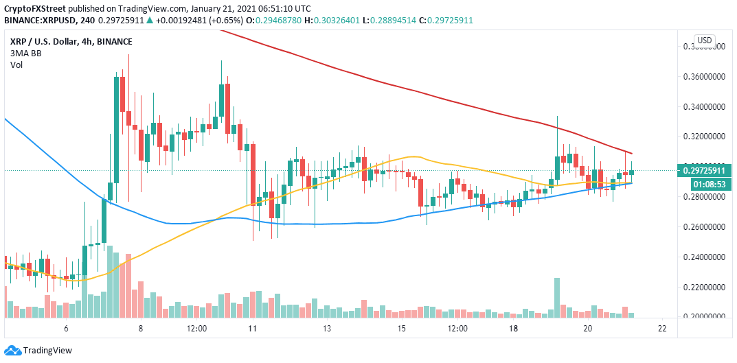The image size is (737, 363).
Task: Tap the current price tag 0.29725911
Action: coord(704,169)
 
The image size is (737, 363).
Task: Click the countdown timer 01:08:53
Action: coord(704,183)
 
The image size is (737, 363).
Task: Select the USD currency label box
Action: coord(704,40)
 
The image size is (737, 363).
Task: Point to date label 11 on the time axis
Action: coord(252,329)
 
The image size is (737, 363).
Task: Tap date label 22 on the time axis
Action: coord(661,329)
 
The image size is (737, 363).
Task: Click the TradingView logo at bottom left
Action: coord(40,351)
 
